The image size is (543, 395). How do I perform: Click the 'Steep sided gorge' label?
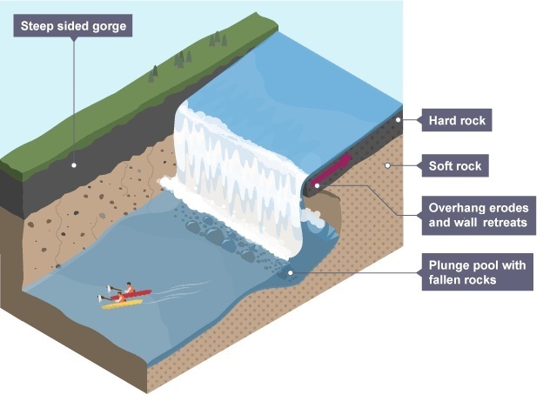[x=74, y=26]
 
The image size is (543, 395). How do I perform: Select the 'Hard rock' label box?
[x=455, y=120]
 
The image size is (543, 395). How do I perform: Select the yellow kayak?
[x=122, y=304]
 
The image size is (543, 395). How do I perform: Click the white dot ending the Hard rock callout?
[x=400, y=120]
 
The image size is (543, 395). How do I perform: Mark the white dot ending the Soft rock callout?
[x=386, y=164]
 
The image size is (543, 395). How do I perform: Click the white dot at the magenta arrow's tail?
[x=317, y=184]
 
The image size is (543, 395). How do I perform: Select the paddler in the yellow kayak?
[x=114, y=298]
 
